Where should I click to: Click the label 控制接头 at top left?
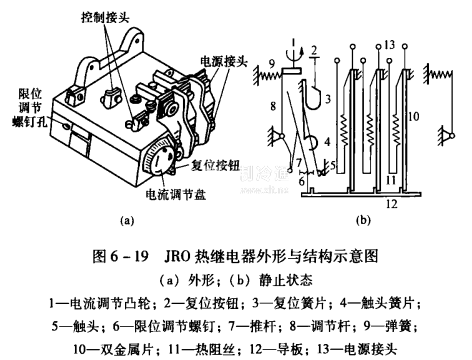(105, 17)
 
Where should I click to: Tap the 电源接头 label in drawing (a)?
(224, 61)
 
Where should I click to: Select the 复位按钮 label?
(215, 165)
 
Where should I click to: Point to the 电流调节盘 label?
(175, 194)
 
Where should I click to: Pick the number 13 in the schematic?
(389, 45)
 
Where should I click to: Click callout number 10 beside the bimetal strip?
(413, 116)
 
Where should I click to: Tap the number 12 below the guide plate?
(392, 203)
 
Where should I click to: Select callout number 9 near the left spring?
(272, 63)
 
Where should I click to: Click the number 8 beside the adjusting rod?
(273, 106)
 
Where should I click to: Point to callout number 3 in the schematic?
(328, 99)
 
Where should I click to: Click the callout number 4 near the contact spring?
(327, 141)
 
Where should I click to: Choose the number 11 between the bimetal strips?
(390, 180)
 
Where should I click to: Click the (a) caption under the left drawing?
(127, 220)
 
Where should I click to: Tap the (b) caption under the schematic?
(363, 220)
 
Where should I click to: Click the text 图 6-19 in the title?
(120, 256)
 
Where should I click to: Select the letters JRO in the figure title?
(177, 256)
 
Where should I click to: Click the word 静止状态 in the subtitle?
(286, 281)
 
